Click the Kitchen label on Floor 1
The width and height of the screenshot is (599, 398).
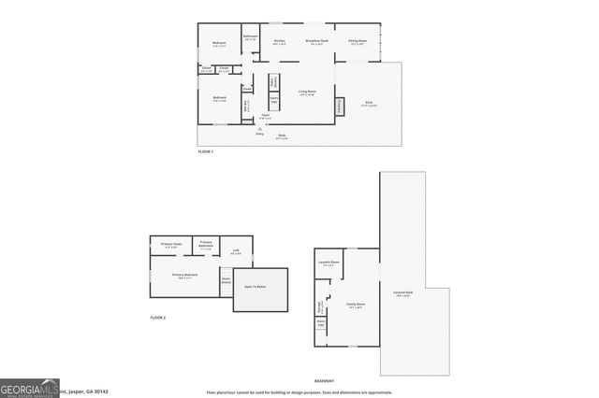279,41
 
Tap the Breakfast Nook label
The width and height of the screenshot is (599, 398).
316,41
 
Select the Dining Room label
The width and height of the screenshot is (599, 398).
357,41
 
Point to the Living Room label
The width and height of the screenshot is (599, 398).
306,92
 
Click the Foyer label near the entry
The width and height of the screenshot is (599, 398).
266,116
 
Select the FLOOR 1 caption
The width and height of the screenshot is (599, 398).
206,151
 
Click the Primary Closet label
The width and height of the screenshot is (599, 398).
170,244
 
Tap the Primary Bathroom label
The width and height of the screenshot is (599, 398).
207,247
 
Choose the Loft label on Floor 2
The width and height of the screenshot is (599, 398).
236,250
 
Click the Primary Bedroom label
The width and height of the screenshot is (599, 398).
184,275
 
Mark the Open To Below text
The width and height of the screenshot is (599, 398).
256,287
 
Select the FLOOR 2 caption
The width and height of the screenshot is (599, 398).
157,319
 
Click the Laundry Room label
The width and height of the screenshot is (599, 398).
327,263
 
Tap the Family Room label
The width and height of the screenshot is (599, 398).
355,305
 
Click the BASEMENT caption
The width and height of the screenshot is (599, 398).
324,382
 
